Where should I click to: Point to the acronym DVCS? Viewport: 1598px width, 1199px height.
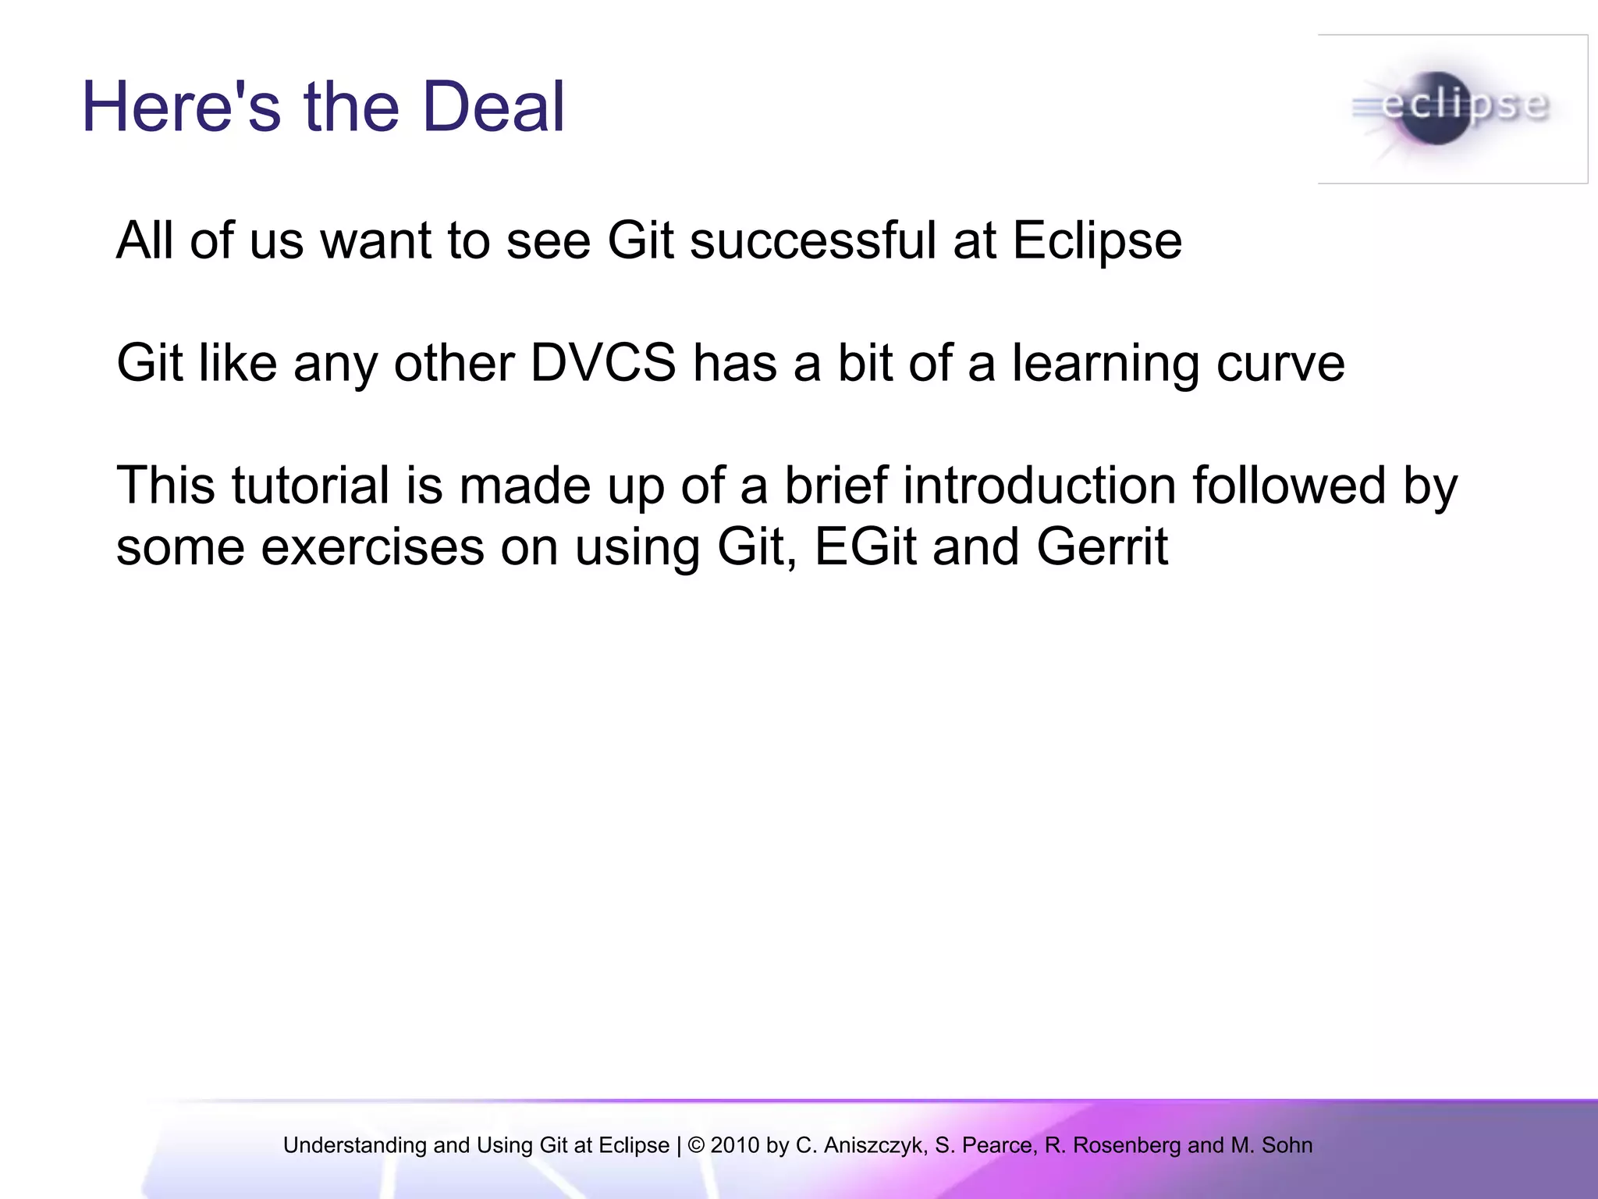click(x=603, y=363)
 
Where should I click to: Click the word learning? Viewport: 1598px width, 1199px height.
click(x=1106, y=365)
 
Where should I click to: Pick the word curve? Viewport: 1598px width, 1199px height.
click(x=1280, y=365)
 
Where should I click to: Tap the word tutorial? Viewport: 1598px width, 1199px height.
click(x=310, y=486)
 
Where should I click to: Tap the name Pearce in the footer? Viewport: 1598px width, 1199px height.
click(x=996, y=1145)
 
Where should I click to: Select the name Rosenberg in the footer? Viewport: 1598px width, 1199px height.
click(x=1127, y=1145)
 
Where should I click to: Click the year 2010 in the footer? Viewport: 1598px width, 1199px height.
click(x=734, y=1145)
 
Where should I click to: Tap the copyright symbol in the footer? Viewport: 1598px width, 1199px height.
click(x=696, y=1145)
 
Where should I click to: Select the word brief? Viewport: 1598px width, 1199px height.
click(x=836, y=486)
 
